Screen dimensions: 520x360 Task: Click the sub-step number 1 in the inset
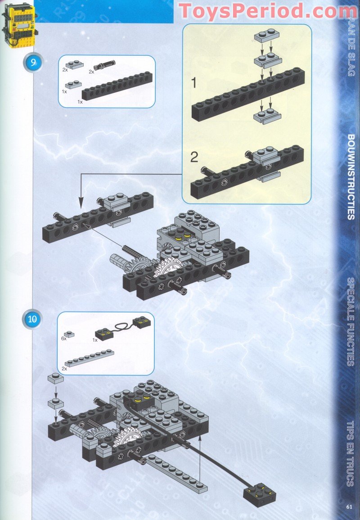tap(193, 83)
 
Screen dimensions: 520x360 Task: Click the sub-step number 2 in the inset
tap(194, 157)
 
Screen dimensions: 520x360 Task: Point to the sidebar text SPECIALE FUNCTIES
tap(351, 321)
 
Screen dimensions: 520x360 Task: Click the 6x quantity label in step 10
tap(64, 338)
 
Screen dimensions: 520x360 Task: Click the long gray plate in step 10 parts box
tap(89, 358)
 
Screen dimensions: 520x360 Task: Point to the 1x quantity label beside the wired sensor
tap(94, 340)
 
